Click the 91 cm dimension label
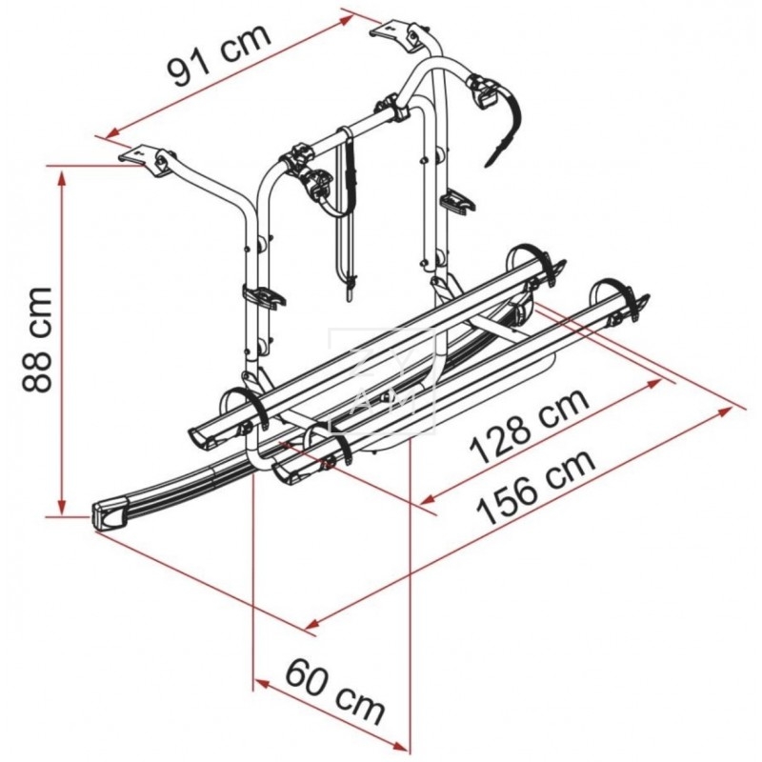[x=219, y=55]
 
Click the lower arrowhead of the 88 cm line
[x=62, y=506]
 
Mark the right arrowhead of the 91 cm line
[x=347, y=19]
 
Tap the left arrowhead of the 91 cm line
[x=113, y=131]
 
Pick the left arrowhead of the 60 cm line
[x=261, y=684]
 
